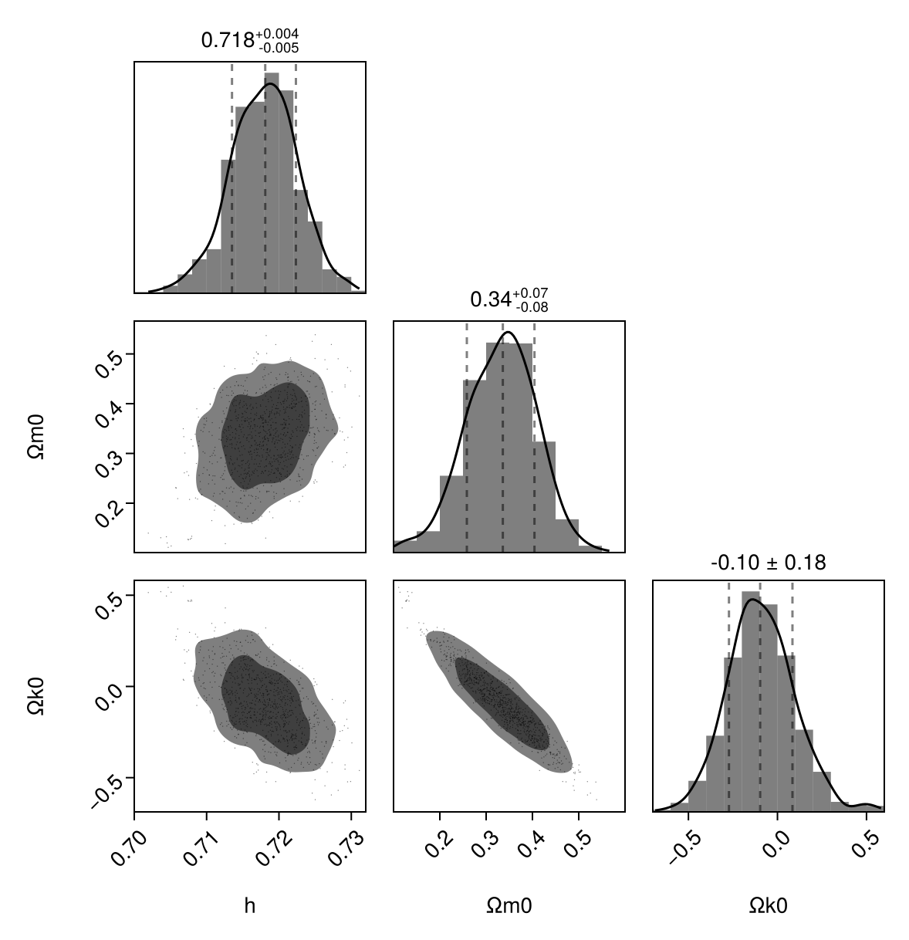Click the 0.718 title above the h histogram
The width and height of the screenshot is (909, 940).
(249, 40)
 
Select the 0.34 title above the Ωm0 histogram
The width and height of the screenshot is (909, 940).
(509, 299)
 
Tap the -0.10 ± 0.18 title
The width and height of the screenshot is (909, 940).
(768, 563)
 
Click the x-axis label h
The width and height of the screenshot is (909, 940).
(249, 905)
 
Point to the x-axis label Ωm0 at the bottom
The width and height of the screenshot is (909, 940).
(509, 905)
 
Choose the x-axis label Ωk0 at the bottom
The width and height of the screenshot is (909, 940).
(768, 905)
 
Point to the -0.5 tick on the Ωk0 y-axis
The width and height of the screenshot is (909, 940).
(104, 787)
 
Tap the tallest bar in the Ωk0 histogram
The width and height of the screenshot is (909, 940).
(751, 702)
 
